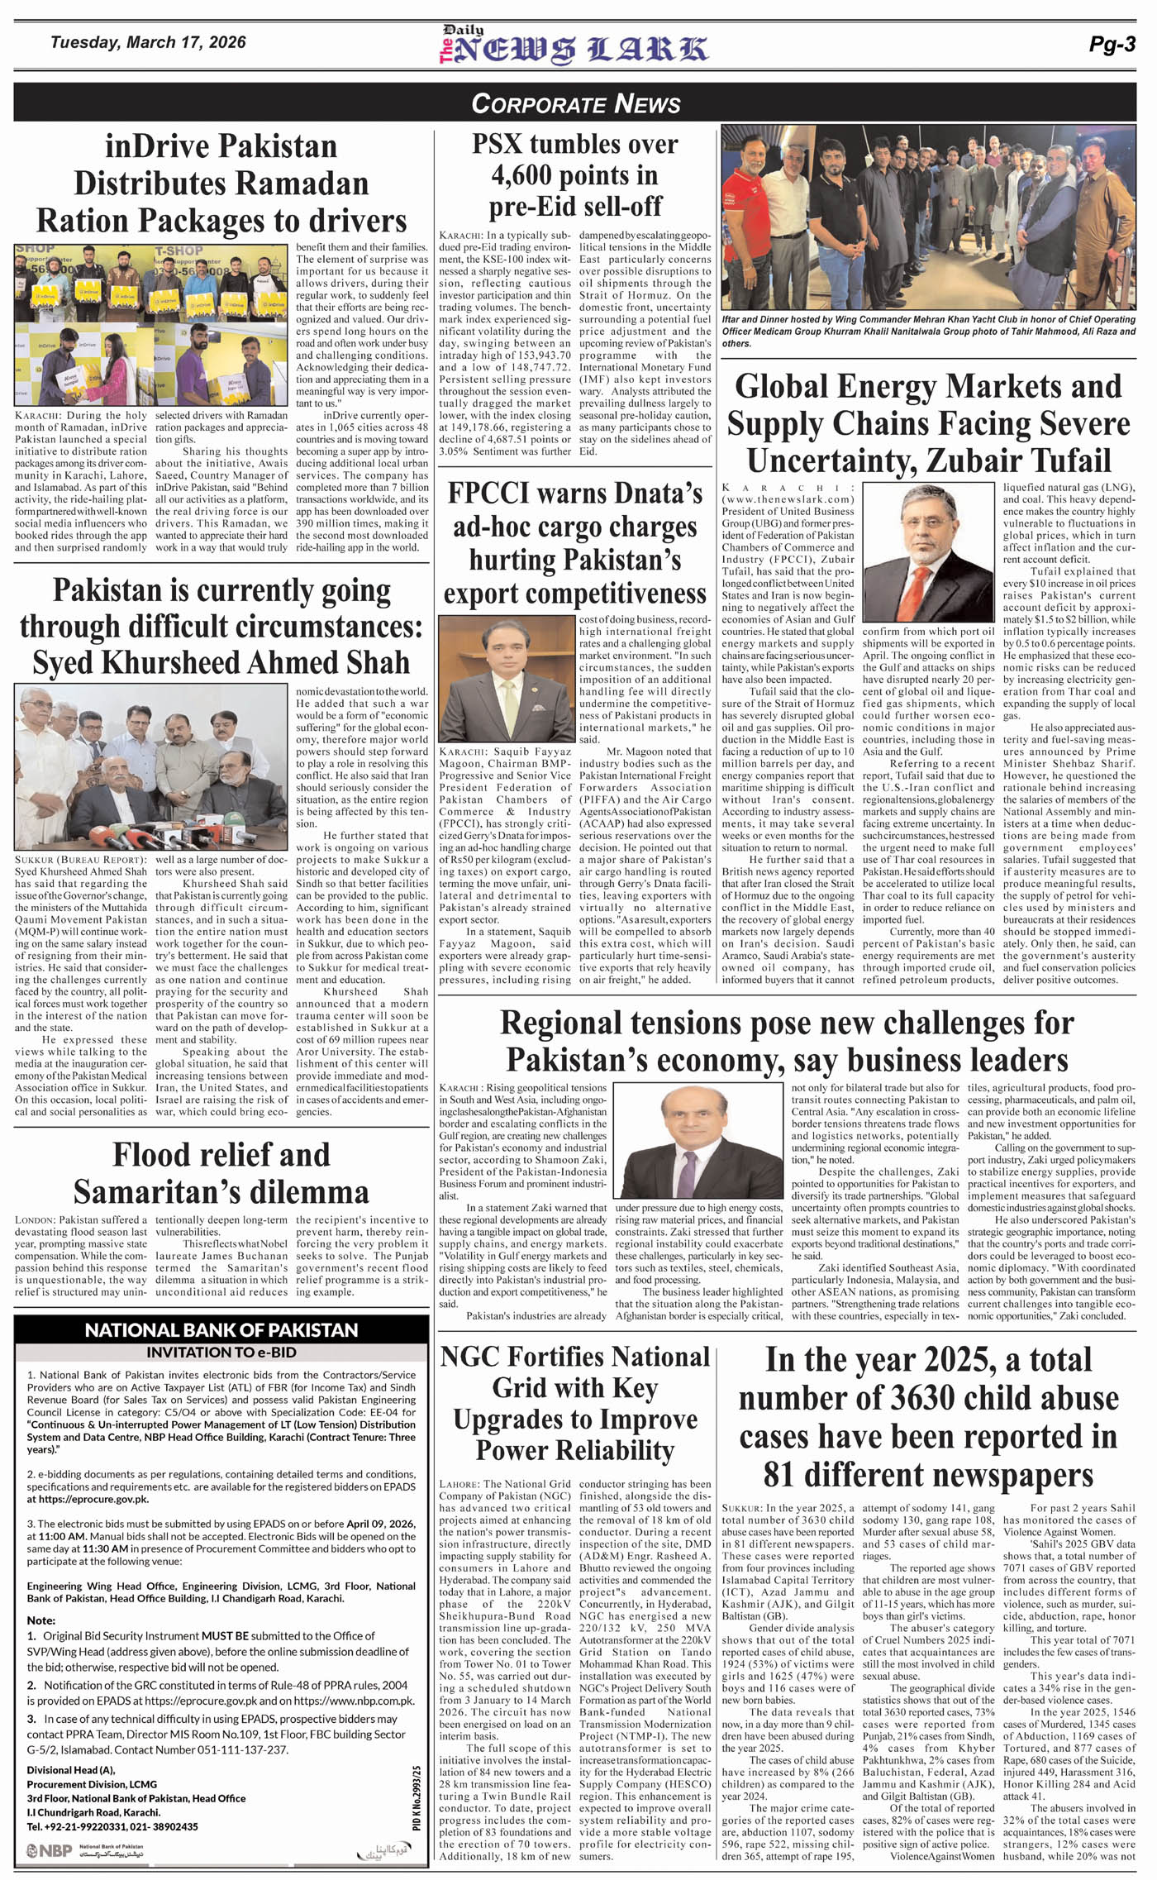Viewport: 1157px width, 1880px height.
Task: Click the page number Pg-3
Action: tap(1112, 45)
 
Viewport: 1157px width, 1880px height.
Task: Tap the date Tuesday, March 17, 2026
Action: tap(148, 42)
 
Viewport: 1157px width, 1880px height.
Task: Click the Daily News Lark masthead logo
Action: tap(573, 46)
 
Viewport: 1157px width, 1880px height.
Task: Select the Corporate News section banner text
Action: tap(576, 103)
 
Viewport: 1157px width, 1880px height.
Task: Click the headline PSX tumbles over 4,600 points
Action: tap(575, 174)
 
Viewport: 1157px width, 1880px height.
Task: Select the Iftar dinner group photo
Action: tap(928, 217)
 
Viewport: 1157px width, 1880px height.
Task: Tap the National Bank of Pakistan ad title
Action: tap(221, 1330)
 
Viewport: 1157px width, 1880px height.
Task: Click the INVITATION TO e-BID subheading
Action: tap(221, 1353)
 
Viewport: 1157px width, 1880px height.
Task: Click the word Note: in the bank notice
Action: tap(41, 1620)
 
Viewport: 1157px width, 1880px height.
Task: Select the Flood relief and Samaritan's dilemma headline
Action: tap(221, 1172)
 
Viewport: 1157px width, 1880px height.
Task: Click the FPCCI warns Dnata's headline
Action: tap(575, 543)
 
